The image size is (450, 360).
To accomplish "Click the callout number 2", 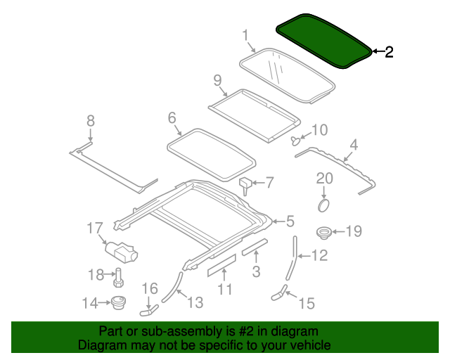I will coord(389,51).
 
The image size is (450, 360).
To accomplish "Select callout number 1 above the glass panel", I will coord(245,34).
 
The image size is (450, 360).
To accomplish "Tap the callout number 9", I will coord(217,79).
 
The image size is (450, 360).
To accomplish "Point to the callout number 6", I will coord(172,118).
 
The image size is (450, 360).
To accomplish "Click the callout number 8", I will coord(90,121).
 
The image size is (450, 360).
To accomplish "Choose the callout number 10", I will coord(319,129).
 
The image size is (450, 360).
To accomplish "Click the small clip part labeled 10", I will coord(296,140).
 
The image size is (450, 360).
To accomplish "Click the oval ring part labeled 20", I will coord(323,205).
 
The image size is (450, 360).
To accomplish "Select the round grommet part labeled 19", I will coord(323,231).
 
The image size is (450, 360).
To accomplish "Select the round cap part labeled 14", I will coord(117,304).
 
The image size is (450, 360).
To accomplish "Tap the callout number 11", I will coord(224,289).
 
